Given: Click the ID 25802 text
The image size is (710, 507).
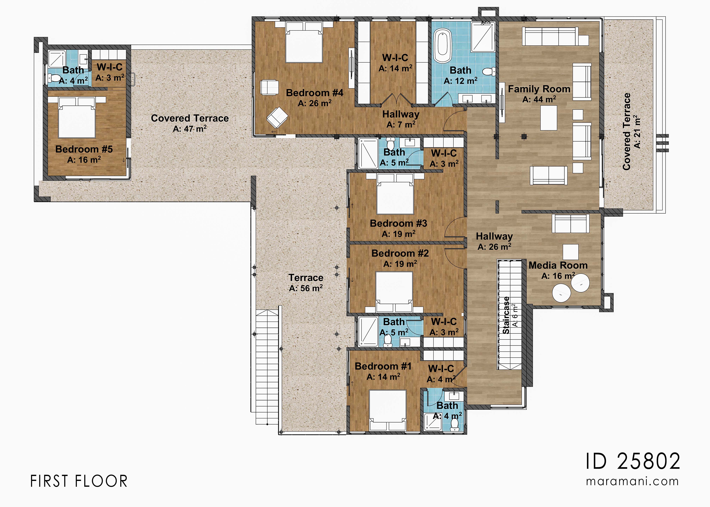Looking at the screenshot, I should point(633,461).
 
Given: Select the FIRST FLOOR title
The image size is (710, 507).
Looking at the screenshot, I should point(79,481).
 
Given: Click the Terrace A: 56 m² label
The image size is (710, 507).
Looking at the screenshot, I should point(306,283).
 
